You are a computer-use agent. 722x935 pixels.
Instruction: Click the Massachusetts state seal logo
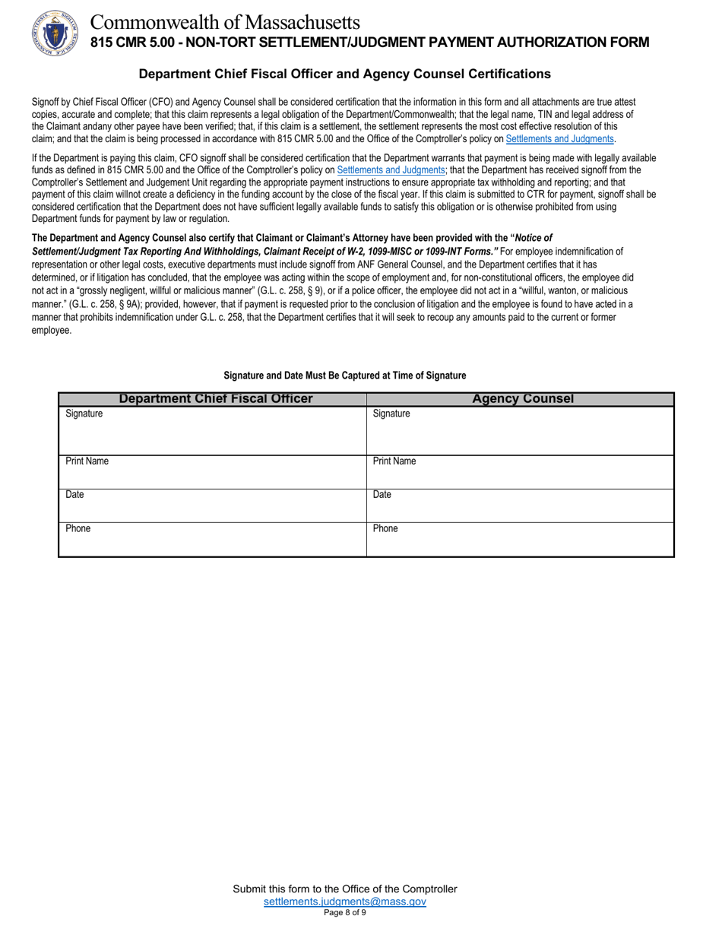pos(55,32)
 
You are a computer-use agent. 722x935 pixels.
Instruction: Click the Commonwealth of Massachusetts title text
pos(225,22)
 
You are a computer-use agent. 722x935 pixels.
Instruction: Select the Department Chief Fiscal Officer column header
pos(216,399)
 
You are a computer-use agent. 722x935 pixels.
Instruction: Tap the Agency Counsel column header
pos(523,399)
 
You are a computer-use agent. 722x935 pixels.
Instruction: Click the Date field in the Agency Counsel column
pos(521,506)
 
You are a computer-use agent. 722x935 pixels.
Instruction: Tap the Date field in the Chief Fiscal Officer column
pos(213,506)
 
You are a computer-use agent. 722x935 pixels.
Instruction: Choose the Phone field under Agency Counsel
pos(521,540)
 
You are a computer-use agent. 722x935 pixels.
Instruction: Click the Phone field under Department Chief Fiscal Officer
pos(213,540)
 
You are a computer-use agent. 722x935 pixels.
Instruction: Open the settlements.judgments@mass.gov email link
pos(344,902)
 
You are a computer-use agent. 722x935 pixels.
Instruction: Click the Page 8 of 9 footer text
pos(344,913)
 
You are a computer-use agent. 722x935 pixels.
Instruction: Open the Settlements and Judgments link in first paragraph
pos(559,139)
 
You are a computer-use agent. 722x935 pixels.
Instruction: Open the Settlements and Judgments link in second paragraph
pos(391,170)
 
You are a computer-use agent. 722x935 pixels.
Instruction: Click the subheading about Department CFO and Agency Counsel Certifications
pos(344,74)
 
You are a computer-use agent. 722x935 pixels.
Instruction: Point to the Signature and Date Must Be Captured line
pos(344,376)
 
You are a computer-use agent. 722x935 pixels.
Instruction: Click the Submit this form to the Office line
pos(344,889)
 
